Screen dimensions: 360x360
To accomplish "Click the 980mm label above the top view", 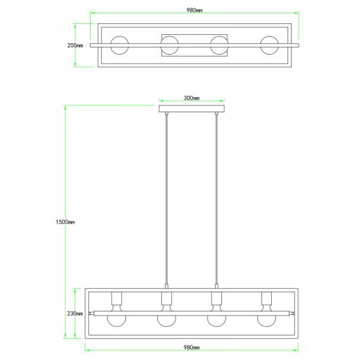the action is click(x=194, y=10).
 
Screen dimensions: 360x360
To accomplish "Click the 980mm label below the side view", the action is click(x=191, y=347).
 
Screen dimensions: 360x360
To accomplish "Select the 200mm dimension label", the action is click(x=75, y=46).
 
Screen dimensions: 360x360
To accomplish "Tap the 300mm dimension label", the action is click(x=191, y=98).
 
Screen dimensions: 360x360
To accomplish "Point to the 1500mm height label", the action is click(x=65, y=222).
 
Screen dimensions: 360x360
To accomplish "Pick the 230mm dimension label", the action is click(x=75, y=314).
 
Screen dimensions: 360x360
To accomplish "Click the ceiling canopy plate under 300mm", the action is click(x=191, y=109).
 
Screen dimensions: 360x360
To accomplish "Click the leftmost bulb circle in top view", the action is click(x=119, y=37).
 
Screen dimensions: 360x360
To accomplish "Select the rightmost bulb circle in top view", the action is click(x=269, y=37).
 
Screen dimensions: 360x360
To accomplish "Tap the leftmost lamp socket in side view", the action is click(x=116, y=298).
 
